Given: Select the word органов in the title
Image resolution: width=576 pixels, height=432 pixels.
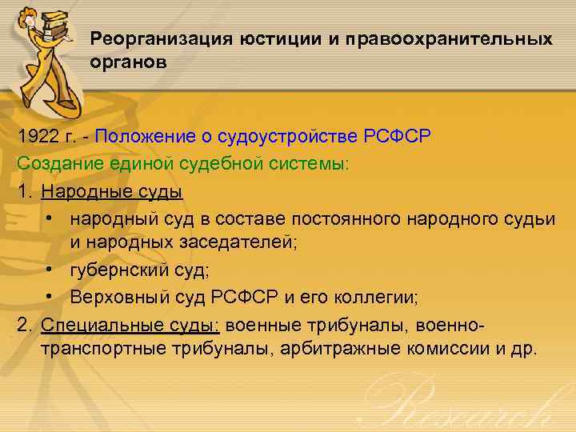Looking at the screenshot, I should pos(129,63).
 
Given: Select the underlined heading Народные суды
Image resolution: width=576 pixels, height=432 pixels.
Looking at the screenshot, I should pos(112,192).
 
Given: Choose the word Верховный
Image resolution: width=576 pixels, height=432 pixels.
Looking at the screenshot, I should pos(115,298).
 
